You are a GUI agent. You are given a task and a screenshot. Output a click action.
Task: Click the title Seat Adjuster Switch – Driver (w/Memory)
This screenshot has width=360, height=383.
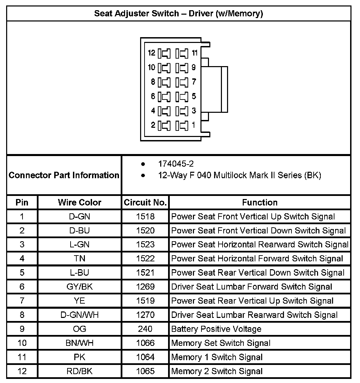[178, 14]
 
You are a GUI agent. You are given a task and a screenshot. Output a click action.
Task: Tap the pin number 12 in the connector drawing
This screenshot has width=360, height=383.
[152, 53]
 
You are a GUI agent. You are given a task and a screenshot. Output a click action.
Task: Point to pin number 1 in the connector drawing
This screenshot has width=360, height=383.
[194, 125]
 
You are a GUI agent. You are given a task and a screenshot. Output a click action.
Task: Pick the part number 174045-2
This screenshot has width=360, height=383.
[176, 164]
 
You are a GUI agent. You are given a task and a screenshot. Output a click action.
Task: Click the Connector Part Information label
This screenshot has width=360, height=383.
[64, 175]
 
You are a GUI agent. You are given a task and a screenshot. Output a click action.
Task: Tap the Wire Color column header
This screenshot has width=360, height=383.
[79, 202]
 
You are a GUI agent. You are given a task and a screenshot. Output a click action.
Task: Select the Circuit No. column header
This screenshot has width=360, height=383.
[145, 202]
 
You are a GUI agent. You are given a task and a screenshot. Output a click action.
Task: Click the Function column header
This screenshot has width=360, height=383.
[260, 202]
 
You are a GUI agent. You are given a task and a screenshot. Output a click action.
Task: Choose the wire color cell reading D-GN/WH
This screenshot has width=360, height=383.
[79, 315]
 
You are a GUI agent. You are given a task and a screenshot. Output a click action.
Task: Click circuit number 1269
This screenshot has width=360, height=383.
[145, 287]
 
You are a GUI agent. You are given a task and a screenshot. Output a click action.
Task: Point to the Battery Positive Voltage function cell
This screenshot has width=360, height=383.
[216, 329]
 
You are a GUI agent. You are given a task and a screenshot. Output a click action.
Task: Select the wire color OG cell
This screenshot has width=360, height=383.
[79, 329]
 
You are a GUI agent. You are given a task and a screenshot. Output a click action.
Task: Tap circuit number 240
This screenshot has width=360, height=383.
[145, 329]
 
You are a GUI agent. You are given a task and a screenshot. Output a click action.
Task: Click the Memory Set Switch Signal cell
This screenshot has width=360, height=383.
[221, 343]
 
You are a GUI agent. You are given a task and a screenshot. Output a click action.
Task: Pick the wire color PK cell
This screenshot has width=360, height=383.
[79, 357]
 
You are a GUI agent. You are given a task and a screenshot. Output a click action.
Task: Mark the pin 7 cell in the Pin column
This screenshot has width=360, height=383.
[22, 301]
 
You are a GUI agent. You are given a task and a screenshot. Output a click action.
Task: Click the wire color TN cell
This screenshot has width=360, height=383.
[79, 259]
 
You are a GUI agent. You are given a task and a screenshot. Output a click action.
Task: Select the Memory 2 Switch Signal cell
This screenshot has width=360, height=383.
[217, 371]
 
